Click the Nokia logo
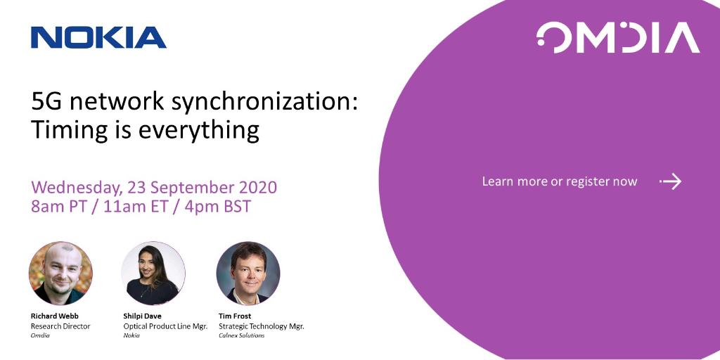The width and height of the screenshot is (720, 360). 98,37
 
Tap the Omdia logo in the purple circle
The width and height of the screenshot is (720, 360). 618,38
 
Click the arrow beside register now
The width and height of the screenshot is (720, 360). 671,182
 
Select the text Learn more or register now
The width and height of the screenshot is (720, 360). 559,181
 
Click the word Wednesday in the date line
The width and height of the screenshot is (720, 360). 74,188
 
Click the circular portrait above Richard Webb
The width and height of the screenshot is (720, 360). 60,273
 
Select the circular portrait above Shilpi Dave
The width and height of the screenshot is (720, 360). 153,273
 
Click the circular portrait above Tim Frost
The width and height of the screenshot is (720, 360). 248,273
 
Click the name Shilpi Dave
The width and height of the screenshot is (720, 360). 143,316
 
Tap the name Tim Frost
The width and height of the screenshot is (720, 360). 236,316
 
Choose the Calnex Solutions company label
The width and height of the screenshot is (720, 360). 241,335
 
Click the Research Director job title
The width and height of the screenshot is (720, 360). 60,326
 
